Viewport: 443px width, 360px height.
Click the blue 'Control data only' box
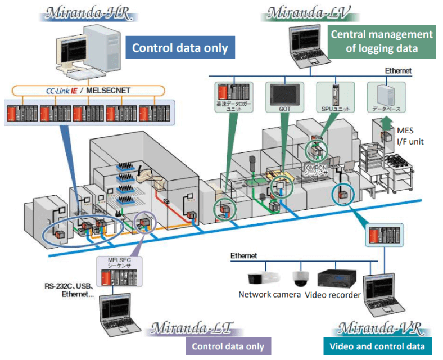[x=180, y=48]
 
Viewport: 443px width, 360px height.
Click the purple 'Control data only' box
[x=228, y=346]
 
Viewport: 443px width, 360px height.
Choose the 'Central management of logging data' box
[x=382, y=41]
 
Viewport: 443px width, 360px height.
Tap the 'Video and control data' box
[x=377, y=346]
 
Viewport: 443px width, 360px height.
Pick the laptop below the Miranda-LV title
[x=304, y=44]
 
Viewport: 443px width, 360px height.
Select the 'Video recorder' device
[x=336, y=279]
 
